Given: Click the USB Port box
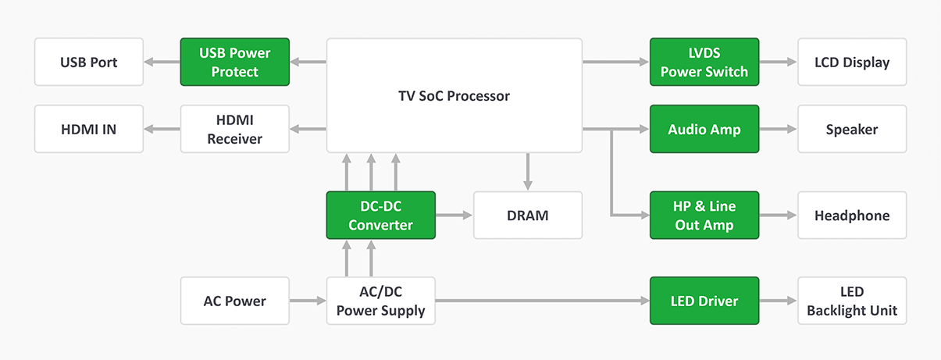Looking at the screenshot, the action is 89,62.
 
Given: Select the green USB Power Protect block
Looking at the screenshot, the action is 235,62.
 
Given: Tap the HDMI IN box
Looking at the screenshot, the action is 89,129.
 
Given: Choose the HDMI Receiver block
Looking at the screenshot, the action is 235,129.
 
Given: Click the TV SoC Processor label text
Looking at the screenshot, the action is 454,96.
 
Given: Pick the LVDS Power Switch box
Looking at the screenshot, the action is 704,62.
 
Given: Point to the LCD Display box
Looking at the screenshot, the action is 852,62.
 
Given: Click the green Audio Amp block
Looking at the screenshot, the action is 704,129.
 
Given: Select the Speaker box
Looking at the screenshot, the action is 852,129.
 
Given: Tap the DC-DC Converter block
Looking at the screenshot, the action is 380,215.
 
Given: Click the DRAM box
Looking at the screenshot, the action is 528,215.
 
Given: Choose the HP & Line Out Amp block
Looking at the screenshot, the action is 704,215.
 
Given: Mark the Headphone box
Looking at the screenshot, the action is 852,215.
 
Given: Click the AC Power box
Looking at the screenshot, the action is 235,301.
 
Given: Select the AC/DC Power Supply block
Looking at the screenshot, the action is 380,301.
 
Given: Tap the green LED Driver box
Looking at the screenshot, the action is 704,301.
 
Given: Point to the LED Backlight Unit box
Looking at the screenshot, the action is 852,301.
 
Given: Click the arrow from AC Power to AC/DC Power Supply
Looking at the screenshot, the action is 308,301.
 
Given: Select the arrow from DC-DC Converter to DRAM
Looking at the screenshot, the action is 454,215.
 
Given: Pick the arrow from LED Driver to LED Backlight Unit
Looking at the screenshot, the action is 778,301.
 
